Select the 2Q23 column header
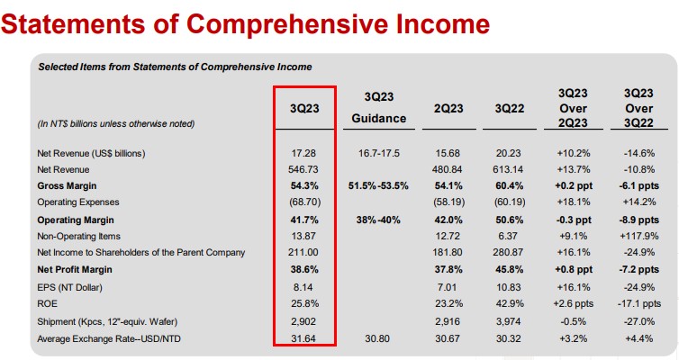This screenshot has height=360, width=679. pos(448,107)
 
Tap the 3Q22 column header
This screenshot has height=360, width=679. pos(510,107)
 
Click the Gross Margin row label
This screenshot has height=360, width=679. pos(68,184)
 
